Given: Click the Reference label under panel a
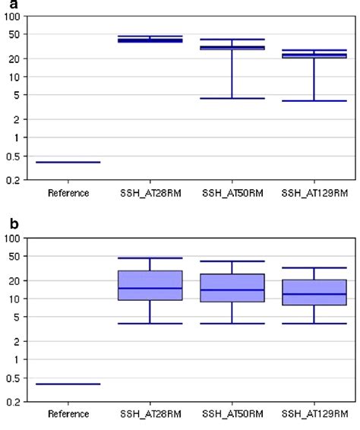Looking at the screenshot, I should [x=68, y=193].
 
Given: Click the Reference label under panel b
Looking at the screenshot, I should [x=68, y=414].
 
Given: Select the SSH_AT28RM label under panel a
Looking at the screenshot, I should [x=150, y=193].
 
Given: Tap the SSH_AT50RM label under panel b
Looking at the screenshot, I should [x=232, y=414].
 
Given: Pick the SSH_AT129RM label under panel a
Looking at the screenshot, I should [x=314, y=193].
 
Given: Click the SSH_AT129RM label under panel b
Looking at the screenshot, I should [x=314, y=414].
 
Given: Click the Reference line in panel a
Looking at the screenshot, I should [x=68, y=162].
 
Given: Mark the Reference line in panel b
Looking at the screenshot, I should [x=68, y=384].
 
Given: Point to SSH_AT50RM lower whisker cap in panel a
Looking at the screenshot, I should [x=232, y=98].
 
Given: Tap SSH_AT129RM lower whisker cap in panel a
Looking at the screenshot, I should [x=314, y=101].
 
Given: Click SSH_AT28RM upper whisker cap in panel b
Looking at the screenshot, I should [x=150, y=258].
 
